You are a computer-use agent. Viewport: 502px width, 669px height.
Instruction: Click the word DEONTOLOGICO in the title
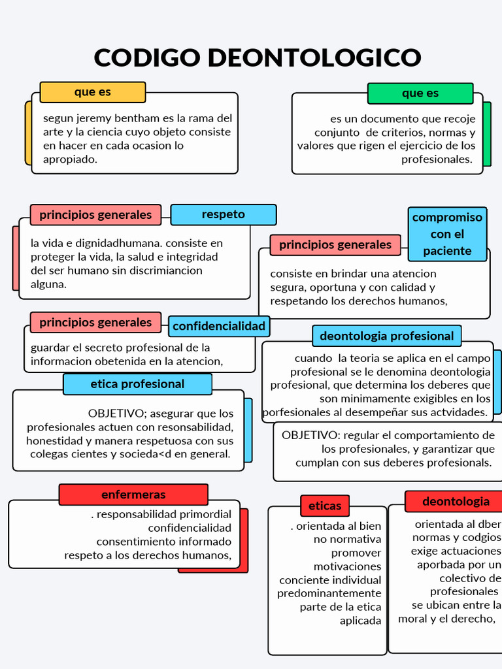click(x=314, y=57)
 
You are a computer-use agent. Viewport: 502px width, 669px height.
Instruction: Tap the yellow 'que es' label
click(x=93, y=92)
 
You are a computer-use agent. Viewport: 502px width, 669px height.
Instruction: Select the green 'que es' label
click(x=420, y=93)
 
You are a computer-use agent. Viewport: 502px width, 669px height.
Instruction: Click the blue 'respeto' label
click(x=224, y=214)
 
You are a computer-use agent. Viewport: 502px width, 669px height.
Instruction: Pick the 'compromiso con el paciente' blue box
click(x=448, y=234)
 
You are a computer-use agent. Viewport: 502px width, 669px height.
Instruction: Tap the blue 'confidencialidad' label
click(x=219, y=326)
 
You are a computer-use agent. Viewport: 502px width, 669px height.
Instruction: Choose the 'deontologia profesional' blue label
click(x=387, y=336)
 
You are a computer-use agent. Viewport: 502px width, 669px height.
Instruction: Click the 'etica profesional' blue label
click(x=137, y=384)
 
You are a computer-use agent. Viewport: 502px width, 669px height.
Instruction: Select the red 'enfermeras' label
click(x=133, y=495)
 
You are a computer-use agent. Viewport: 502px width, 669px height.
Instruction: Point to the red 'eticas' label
click(x=325, y=506)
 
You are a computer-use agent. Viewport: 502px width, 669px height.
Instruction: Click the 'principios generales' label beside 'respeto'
click(x=95, y=214)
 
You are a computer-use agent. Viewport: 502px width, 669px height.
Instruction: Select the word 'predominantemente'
click(x=329, y=593)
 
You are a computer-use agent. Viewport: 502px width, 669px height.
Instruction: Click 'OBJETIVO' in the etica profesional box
click(x=115, y=414)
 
